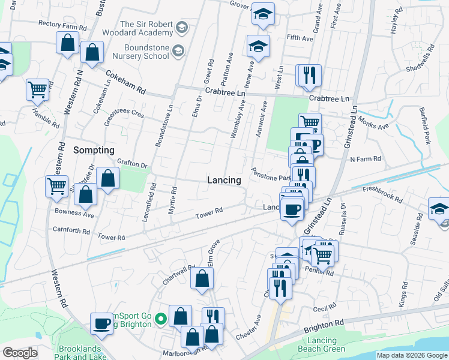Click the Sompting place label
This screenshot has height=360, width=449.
point(94,149)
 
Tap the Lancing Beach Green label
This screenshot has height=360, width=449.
point(318,344)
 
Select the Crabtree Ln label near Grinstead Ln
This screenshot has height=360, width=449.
point(329,98)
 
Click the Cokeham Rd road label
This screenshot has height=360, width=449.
point(125,83)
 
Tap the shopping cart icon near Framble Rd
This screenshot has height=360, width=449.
point(37,90)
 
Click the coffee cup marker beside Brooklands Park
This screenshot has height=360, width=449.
point(101,324)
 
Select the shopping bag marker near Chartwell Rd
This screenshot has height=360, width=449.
point(202,278)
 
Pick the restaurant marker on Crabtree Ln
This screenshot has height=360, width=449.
point(309,76)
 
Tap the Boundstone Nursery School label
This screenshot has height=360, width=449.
point(147,52)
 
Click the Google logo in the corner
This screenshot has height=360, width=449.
point(19,353)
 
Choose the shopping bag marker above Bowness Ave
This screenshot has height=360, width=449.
point(86,194)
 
